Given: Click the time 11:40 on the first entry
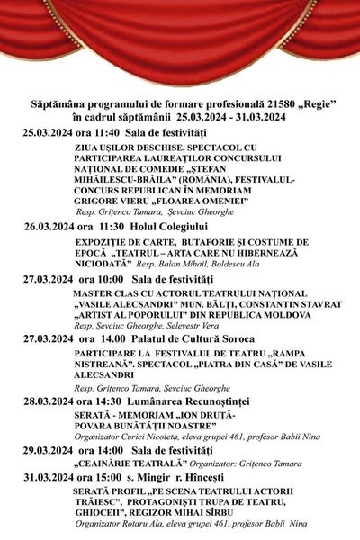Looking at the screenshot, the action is (112, 132).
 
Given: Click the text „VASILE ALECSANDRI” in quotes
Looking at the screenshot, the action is (120, 305).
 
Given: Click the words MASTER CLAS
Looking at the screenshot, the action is (105, 293).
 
